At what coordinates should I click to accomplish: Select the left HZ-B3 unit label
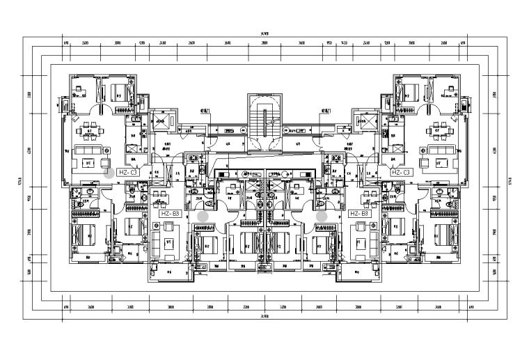[x=171, y=214]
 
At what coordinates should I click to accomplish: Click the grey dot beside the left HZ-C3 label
[x=109, y=172]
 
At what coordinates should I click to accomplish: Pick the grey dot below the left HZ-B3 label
[x=202, y=217]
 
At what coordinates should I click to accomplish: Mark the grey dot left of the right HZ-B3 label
[x=322, y=217]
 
